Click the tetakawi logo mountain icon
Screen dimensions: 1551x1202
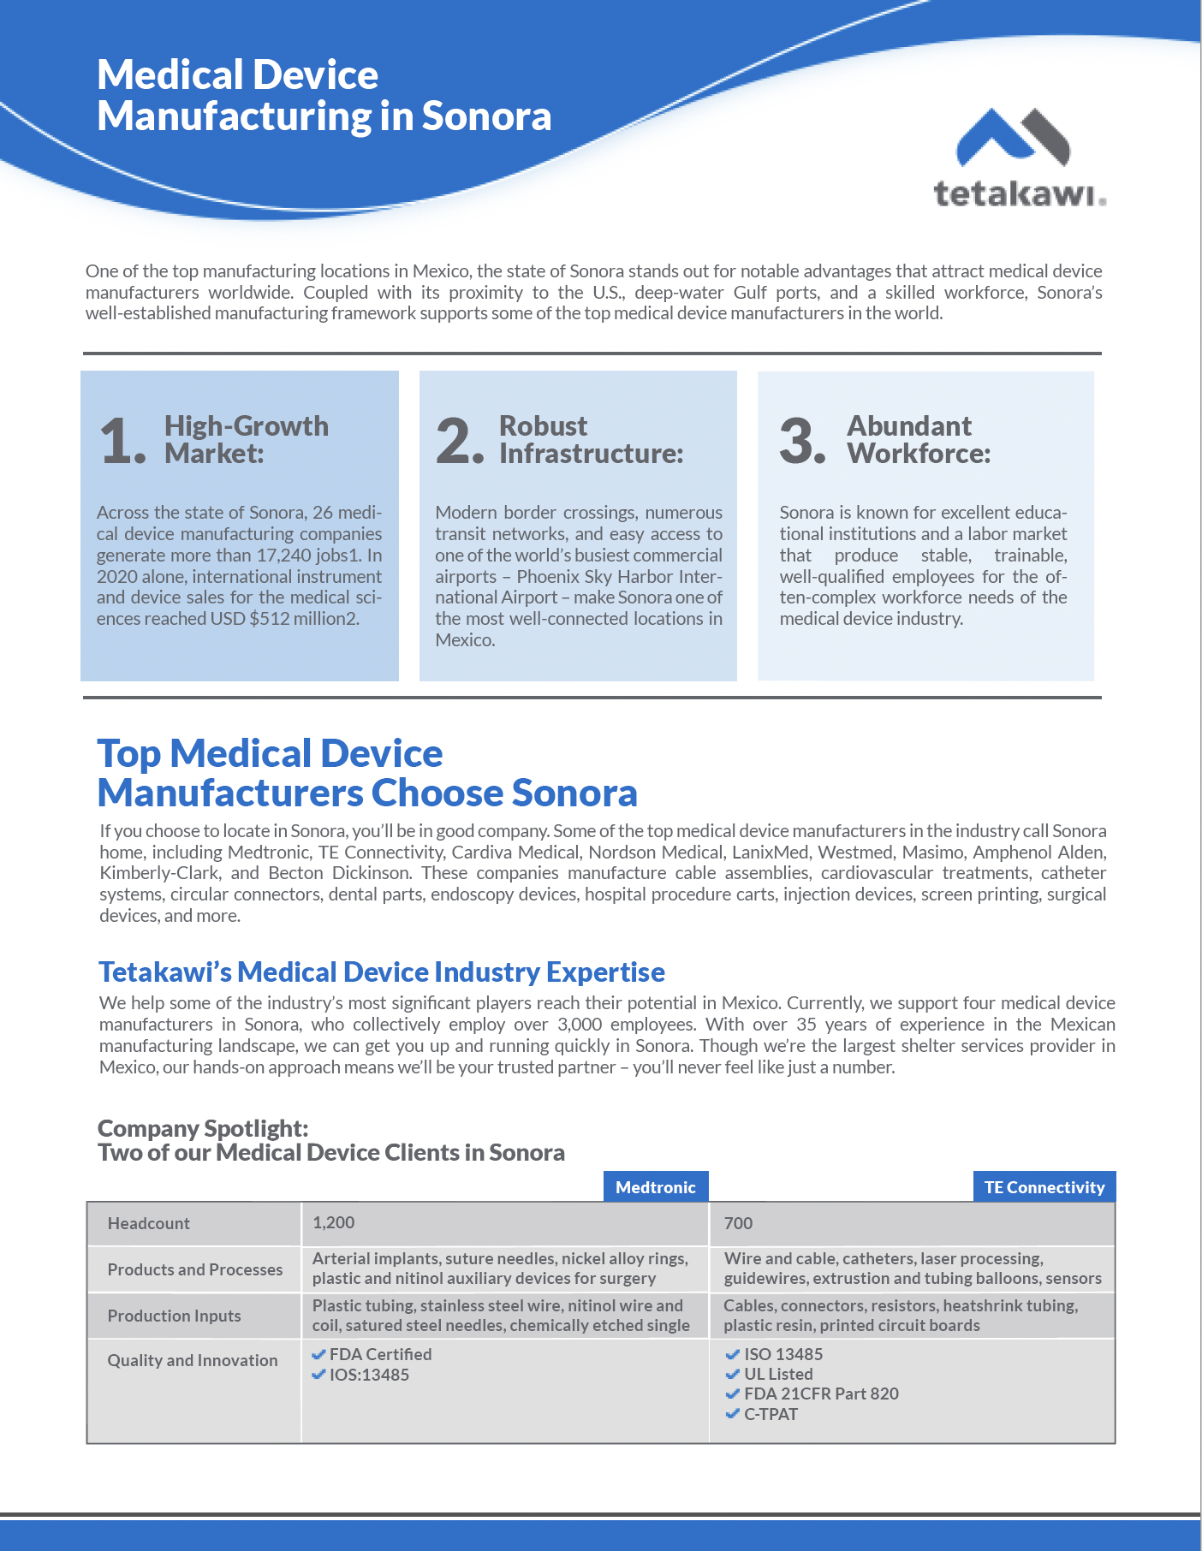pyautogui.click(x=1012, y=137)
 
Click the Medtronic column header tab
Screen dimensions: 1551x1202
pyautogui.click(x=656, y=1187)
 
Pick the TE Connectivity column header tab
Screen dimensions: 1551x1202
pyautogui.click(x=1044, y=1187)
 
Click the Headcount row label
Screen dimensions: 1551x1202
pyautogui.click(x=149, y=1223)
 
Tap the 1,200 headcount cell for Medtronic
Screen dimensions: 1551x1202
pyautogui.click(x=334, y=1222)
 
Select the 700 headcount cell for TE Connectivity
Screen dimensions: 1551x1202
pyautogui.click(x=738, y=1223)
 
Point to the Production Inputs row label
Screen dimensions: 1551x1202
pyautogui.click(x=174, y=1316)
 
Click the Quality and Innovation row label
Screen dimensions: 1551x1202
pyautogui.click(x=193, y=1360)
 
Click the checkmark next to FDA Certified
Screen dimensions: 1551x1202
pyautogui.click(x=318, y=1354)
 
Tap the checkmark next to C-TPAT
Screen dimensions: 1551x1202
pyautogui.click(x=732, y=1414)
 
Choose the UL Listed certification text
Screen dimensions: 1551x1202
pyautogui.click(x=778, y=1374)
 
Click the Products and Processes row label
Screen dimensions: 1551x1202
pyautogui.click(x=195, y=1269)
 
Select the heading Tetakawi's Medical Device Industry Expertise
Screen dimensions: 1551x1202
pyautogui.click(x=382, y=972)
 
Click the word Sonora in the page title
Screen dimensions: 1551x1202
pyautogui.click(x=486, y=116)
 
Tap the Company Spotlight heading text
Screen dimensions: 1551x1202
pyautogui.click(x=203, y=1128)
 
